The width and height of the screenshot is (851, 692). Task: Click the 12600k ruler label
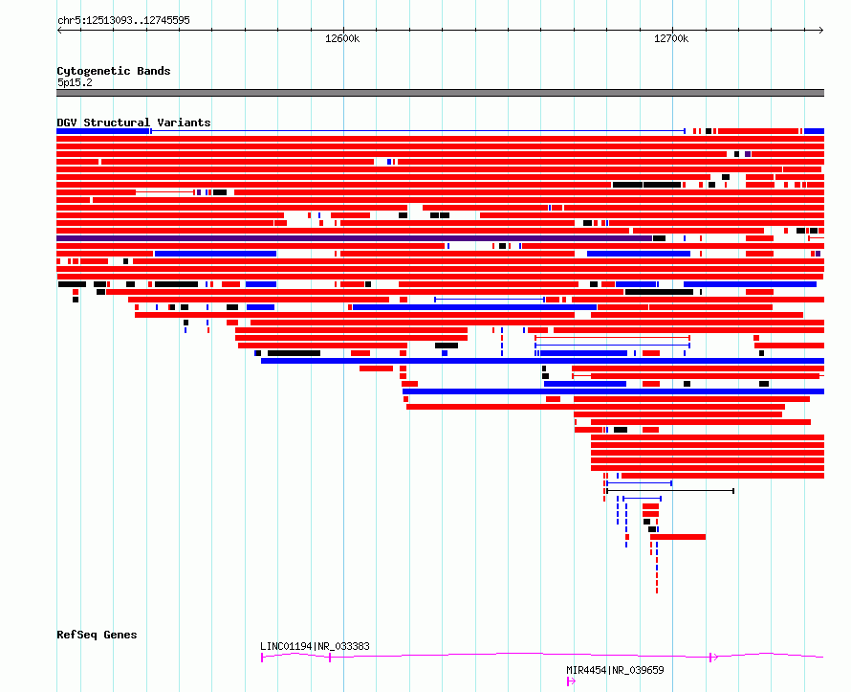coord(342,38)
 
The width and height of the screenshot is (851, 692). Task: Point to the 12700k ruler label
coord(671,38)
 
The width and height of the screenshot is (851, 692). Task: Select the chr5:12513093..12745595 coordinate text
coord(123,21)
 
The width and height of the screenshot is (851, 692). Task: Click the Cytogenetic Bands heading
coord(114,71)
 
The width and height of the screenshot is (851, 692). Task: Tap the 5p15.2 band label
coord(75,82)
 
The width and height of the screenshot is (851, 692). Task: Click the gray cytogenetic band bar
coord(440,93)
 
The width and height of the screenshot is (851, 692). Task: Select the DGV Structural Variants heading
coord(134,123)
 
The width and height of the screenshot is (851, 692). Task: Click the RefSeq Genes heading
coord(97,635)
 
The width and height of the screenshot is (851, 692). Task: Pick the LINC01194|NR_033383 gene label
coord(315,646)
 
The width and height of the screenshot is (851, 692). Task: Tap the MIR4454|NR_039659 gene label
coord(615,670)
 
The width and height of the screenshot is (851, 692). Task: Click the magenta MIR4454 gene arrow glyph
coord(571,681)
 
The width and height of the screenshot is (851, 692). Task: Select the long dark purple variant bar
coord(354,238)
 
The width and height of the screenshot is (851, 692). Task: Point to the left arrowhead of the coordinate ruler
coord(58,30)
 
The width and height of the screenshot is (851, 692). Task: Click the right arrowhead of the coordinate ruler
coord(821,30)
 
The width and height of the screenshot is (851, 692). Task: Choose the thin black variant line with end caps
coord(670,491)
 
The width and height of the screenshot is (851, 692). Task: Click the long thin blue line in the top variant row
coord(417,131)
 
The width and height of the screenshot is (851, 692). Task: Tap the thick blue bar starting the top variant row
coord(103,131)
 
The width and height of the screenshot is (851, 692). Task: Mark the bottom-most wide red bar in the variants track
coord(678,537)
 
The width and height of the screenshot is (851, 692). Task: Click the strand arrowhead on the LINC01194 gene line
coord(714,658)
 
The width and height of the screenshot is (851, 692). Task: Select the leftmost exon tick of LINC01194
coord(262,658)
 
